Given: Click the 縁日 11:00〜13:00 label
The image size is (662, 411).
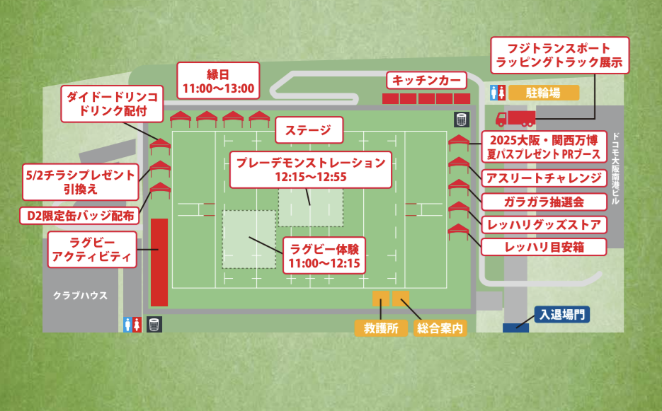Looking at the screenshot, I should click(x=219, y=81).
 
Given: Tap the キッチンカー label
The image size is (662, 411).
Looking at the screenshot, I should click(x=426, y=80).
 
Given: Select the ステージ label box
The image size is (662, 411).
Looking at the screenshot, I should click(x=308, y=129).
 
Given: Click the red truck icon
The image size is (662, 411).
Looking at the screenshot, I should click(x=515, y=118).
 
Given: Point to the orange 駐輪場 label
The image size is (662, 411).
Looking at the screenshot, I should click(x=544, y=92).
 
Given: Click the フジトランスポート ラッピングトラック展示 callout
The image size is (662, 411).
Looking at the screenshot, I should click(x=559, y=55).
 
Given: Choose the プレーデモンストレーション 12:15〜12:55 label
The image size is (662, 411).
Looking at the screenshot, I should click(x=312, y=169).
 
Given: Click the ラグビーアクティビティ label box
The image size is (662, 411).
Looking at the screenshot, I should click(x=93, y=248).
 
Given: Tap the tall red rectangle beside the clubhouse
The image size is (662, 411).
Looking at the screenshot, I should click(x=159, y=262).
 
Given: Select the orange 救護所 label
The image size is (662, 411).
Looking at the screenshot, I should click(x=381, y=328).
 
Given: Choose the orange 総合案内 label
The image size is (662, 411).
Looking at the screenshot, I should click(x=439, y=328).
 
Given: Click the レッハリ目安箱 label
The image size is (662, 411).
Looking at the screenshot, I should click(x=544, y=247).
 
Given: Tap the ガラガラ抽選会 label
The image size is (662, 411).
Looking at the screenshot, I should click(x=544, y=201).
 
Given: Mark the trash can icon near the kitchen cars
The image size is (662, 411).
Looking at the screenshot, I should click(x=461, y=118).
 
